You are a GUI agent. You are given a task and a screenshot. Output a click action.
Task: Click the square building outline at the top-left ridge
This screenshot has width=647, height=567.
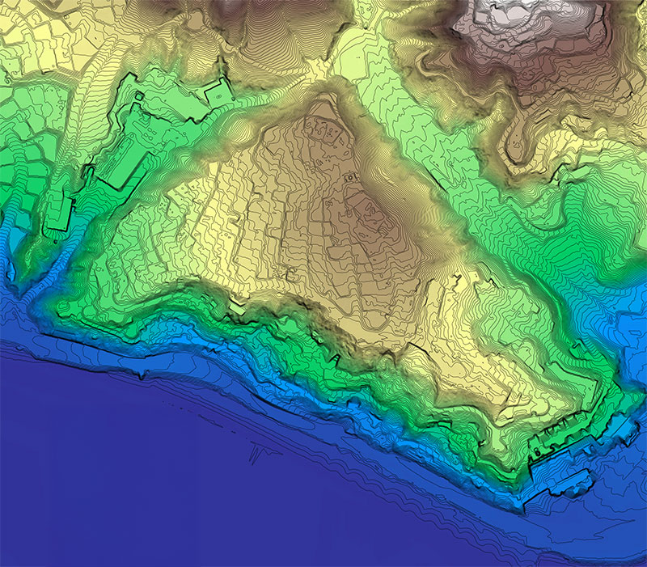tap(218, 92)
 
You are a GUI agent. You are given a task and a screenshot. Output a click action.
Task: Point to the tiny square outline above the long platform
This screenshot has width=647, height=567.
tap(138, 97)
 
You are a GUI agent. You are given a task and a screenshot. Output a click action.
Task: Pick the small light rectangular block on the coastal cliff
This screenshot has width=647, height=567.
tap(237, 307)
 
